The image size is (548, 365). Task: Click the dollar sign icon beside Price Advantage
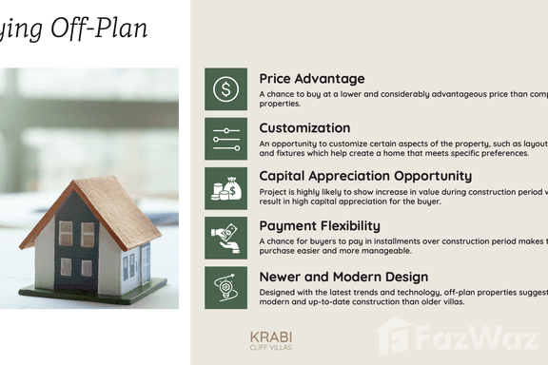225,89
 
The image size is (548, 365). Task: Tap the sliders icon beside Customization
225,139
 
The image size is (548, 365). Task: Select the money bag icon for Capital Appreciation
225,188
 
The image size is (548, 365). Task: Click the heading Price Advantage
311,78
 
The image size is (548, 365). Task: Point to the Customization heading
304,127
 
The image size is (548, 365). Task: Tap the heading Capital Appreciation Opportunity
365,176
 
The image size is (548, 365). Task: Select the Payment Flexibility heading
320,225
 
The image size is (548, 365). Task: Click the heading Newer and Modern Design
343,277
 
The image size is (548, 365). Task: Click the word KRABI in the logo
271,336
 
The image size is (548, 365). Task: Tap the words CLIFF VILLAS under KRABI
271,348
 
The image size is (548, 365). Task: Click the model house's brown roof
114,204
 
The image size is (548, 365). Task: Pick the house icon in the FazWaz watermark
394,335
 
